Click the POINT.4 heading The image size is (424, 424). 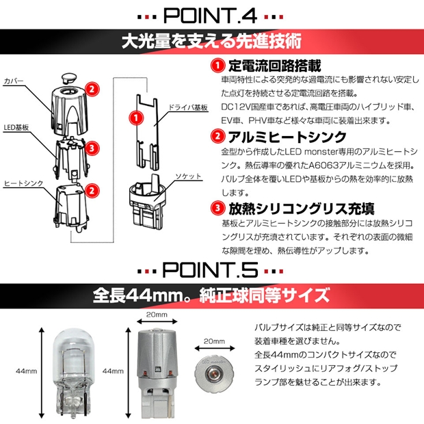pyautogui.click(x=211, y=14)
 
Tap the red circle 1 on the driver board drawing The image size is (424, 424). pyautogui.click(x=135, y=118)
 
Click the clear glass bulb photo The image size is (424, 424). pyautogui.click(x=69, y=371)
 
